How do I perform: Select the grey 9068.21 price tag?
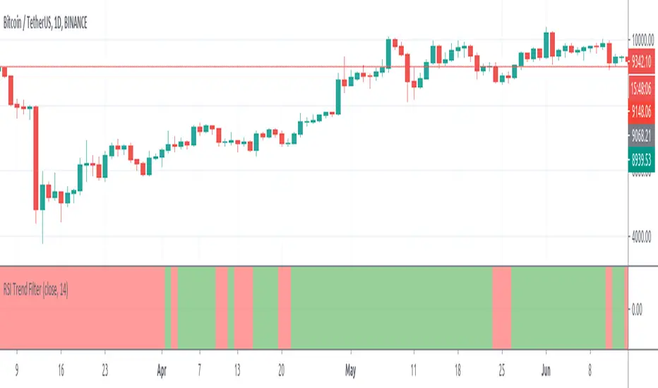point(642,133)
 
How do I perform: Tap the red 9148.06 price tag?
point(642,110)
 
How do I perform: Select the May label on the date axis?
point(349,368)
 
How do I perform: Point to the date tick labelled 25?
point(502,368)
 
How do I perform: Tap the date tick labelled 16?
point(60,368)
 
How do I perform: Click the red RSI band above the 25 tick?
point(501,308)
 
